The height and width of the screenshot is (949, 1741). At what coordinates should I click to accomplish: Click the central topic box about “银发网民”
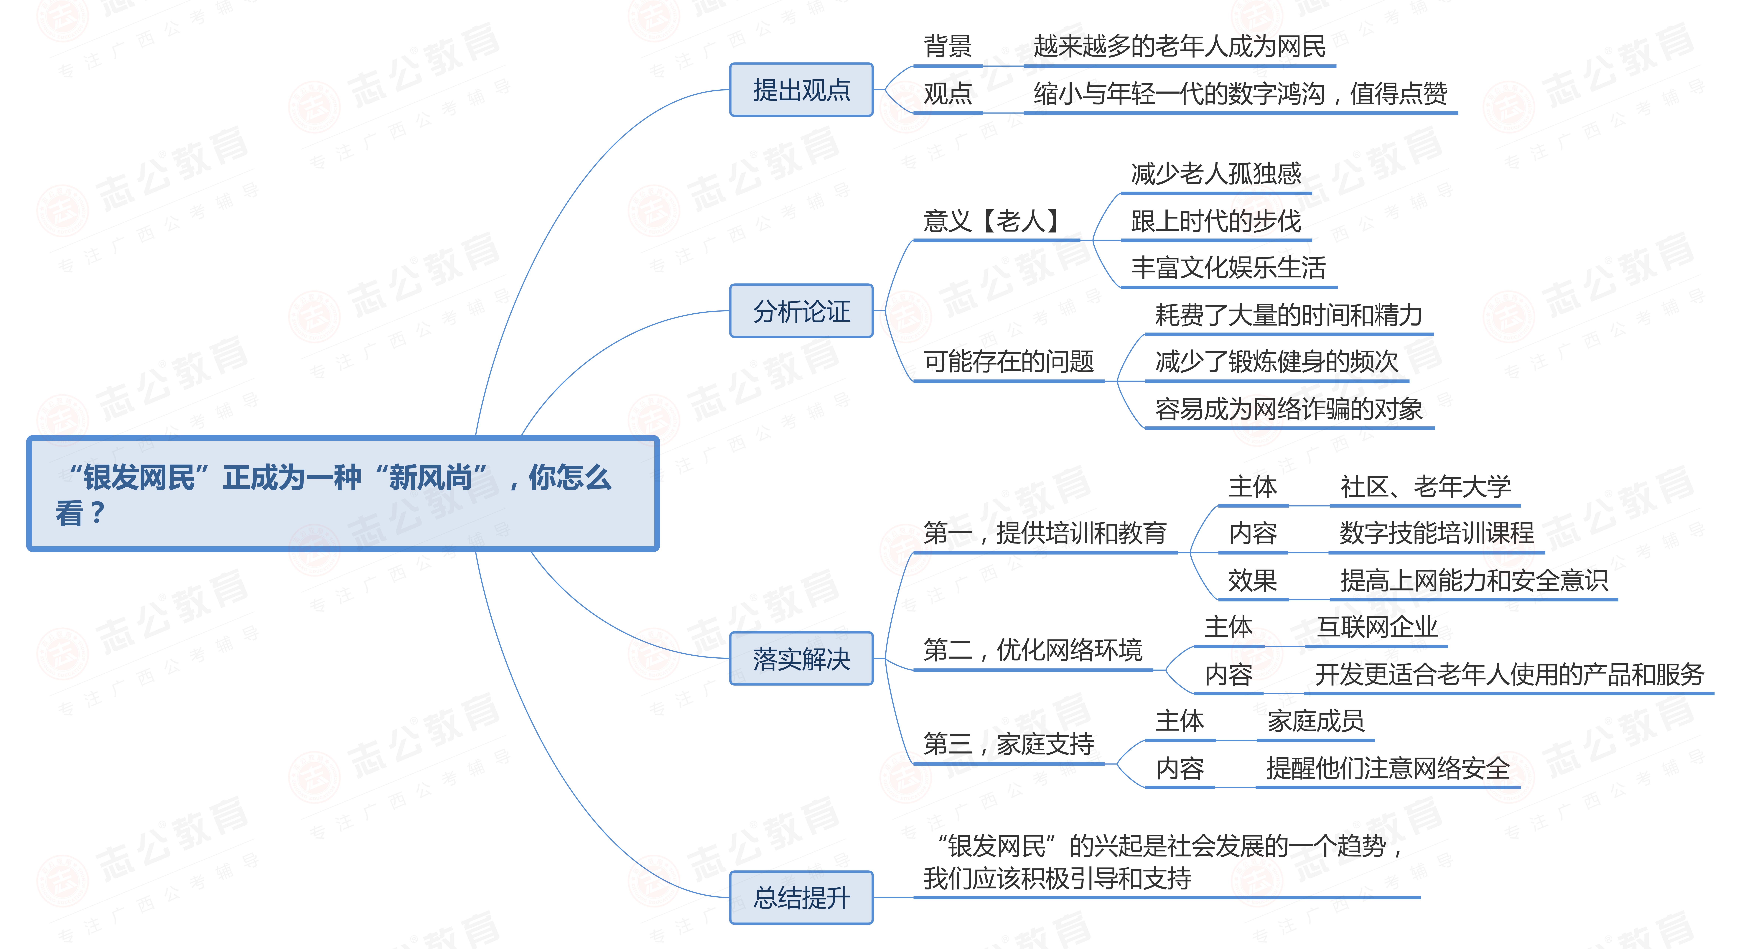pos(343,494)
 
